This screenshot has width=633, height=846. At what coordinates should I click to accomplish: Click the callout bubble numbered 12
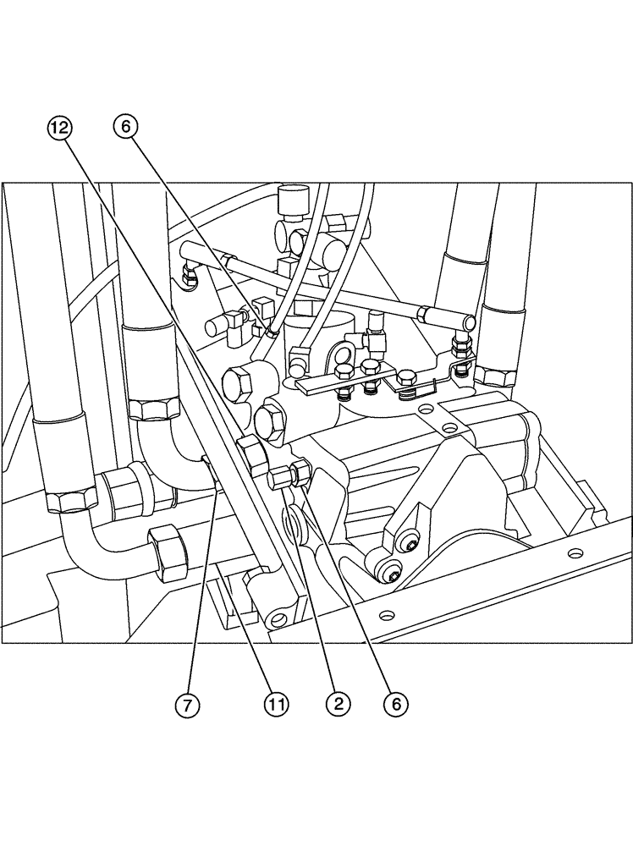tap(60, 129)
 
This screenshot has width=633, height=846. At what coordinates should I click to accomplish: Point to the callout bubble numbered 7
tap(187, 703)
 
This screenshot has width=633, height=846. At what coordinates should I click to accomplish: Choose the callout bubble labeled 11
tap(278, 703)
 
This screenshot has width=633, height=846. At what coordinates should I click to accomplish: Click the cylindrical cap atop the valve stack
tap(293, 201)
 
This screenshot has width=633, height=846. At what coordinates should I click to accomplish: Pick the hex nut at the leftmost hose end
tap(66, 501)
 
